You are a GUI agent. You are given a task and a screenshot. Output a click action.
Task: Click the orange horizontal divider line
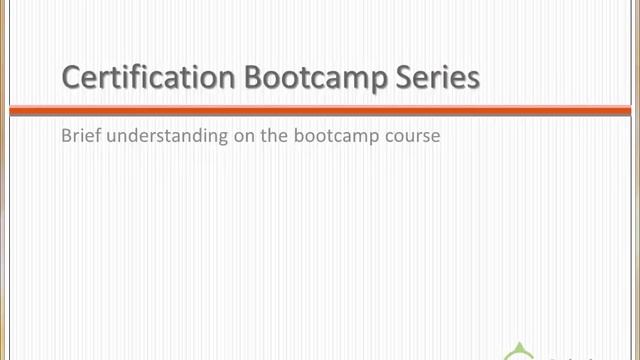pos(320,110)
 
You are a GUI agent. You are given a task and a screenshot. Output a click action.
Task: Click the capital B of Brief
pos(66,136)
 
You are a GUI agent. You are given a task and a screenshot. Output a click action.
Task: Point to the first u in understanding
pos(108,137)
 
